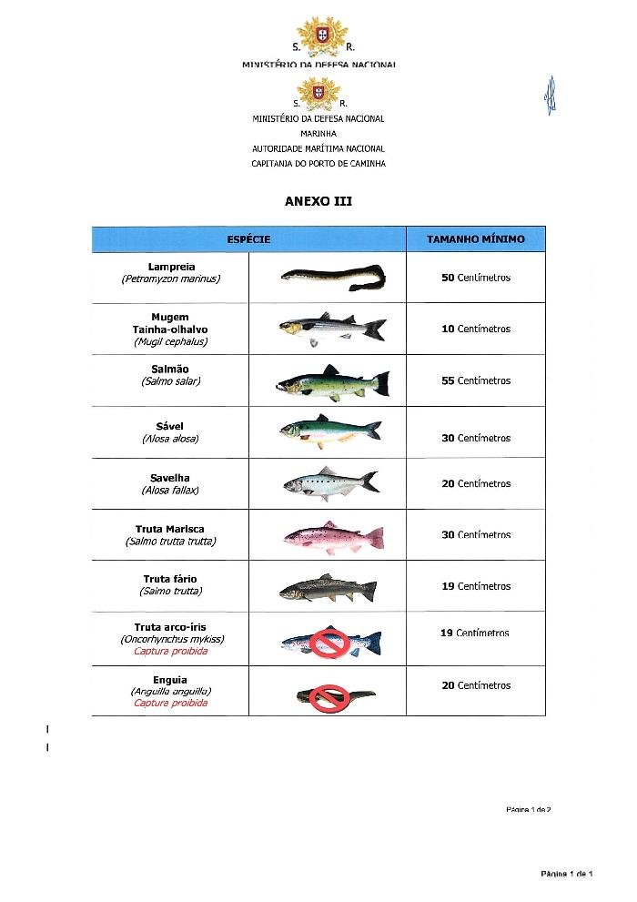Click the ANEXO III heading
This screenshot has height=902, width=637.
point(318,201)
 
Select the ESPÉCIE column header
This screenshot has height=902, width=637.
point(248,239)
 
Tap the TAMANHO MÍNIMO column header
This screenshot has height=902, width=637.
point(476,239)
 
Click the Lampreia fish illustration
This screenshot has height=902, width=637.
point(332,275)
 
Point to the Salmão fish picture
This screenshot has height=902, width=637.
point(332,382)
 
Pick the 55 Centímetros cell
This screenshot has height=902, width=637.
point(476,381)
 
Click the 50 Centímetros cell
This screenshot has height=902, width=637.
point(476,278)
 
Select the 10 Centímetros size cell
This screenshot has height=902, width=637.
point(476,329)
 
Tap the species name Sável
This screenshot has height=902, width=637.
point(170,426)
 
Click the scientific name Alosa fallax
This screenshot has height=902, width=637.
point(170,491)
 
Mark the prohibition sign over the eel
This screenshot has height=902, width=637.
point(325,698)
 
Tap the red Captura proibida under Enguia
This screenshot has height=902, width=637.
point(170,704)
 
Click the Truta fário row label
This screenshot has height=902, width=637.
point(170,579)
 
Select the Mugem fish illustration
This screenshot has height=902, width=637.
point(331,329)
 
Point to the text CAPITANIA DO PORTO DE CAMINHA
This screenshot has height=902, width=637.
point(318,164)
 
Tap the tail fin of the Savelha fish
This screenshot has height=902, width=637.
point(369,480)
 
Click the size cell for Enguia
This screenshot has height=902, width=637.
point(476,686)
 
